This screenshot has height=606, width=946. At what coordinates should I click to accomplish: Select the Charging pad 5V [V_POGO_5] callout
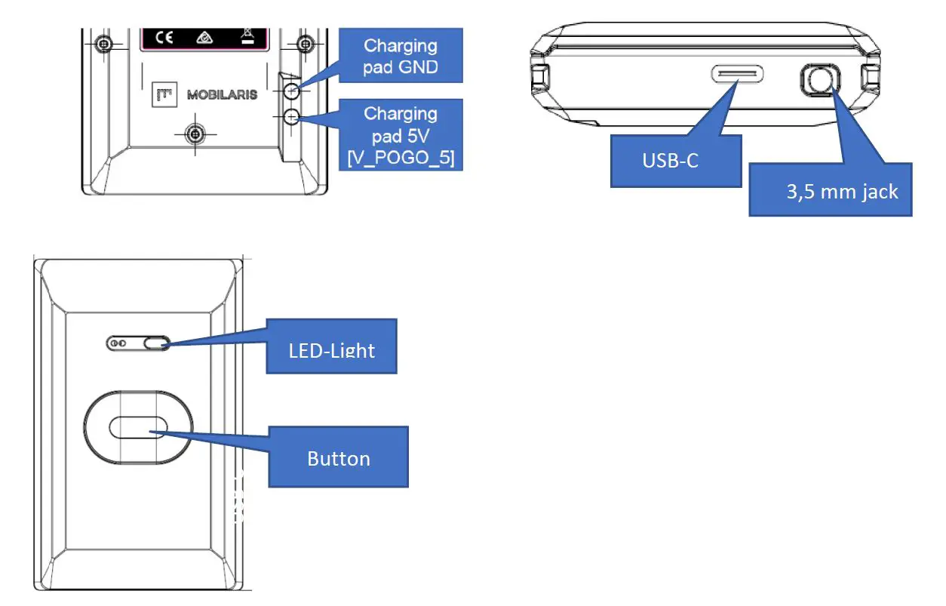coord(400,136)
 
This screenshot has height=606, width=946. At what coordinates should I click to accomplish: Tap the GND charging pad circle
coord(293,90)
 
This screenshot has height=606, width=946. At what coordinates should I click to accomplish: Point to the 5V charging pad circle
coord(293,116)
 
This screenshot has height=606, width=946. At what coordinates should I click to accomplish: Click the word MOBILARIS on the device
coord(222,95)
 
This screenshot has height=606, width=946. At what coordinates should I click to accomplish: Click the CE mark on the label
coord(164,37)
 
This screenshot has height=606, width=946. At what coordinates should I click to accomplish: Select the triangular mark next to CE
coord(203,37)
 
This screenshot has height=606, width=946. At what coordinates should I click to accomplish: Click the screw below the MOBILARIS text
coord(195,134)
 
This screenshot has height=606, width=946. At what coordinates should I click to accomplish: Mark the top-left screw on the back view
coord(105,44)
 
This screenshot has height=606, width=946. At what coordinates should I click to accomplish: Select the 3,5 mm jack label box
coord(830,191)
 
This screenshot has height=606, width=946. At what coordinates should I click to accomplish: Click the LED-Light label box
coord(331,346)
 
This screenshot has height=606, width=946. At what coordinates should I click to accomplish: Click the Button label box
coord(338,457)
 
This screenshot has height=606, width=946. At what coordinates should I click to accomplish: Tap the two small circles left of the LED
coord(118,343)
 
